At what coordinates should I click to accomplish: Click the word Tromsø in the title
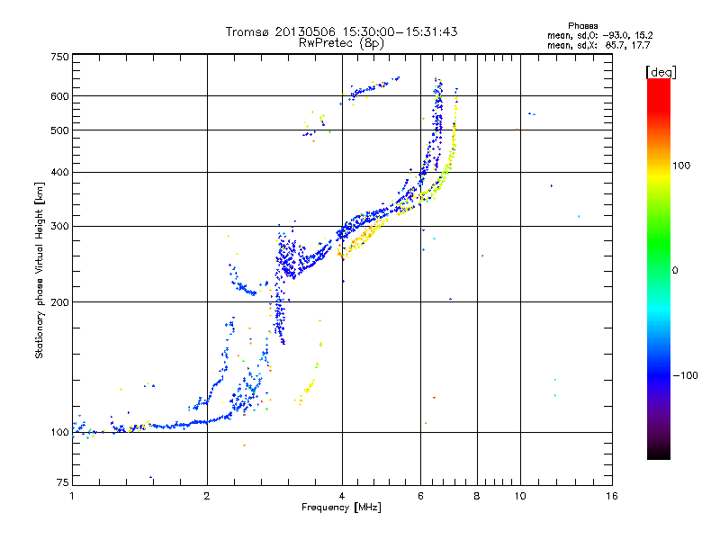coord(245,31)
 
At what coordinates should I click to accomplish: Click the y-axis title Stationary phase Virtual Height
coord(40,272)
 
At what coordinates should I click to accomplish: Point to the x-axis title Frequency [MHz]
coord(341,508)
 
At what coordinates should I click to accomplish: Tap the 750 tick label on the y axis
coord(60,57)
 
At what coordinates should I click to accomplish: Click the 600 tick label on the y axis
coord(60,96)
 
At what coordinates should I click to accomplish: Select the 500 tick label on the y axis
coord(60,130)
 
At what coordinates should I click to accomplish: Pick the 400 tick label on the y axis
coord(60,172)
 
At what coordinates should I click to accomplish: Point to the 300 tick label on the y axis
coord(60,226)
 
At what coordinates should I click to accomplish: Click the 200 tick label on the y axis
coord(60,302)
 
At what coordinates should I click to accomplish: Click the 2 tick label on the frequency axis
coord(207,496)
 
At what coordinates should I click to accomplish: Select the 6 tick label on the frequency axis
coord(421,496)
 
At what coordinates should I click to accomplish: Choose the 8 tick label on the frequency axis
coord(477,496)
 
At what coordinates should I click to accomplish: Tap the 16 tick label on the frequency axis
coord(611,496)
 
